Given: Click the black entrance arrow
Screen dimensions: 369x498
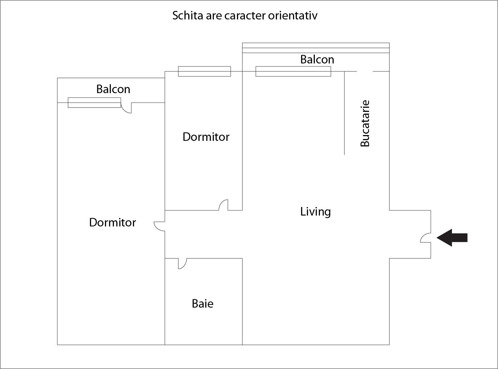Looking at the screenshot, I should [x=452, y=238].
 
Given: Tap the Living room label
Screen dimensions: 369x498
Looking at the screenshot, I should [x=315, y=212].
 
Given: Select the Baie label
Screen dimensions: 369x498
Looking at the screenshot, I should [x=203, y=304].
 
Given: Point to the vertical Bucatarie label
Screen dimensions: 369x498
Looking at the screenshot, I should [x=365, y=123].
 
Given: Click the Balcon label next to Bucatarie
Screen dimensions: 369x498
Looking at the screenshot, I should [x=317, y=60].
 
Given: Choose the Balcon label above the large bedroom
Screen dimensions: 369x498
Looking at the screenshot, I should [x=113, y=89].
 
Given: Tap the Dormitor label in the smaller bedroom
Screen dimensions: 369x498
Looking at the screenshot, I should [x=206, y=137].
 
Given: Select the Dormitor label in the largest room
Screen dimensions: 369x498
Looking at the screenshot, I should [x=112, y=223].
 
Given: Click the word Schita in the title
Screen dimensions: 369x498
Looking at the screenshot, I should [x=187, y=16].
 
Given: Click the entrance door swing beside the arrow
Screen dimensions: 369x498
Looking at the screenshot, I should [x=426, y=238].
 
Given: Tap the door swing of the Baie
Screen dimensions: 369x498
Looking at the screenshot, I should [x=182, y=263].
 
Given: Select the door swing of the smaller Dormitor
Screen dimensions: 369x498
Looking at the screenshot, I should [x=223, y=205].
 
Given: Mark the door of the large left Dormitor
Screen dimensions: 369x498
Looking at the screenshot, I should [x=160, y=226].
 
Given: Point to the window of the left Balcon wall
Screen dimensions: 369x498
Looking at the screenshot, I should [x=94, y=103].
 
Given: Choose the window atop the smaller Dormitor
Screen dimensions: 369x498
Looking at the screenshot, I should [x=204, y=71].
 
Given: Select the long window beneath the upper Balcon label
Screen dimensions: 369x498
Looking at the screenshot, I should [x=293, y=71].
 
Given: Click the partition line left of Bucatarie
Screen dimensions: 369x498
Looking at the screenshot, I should [x=344, y=113].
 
